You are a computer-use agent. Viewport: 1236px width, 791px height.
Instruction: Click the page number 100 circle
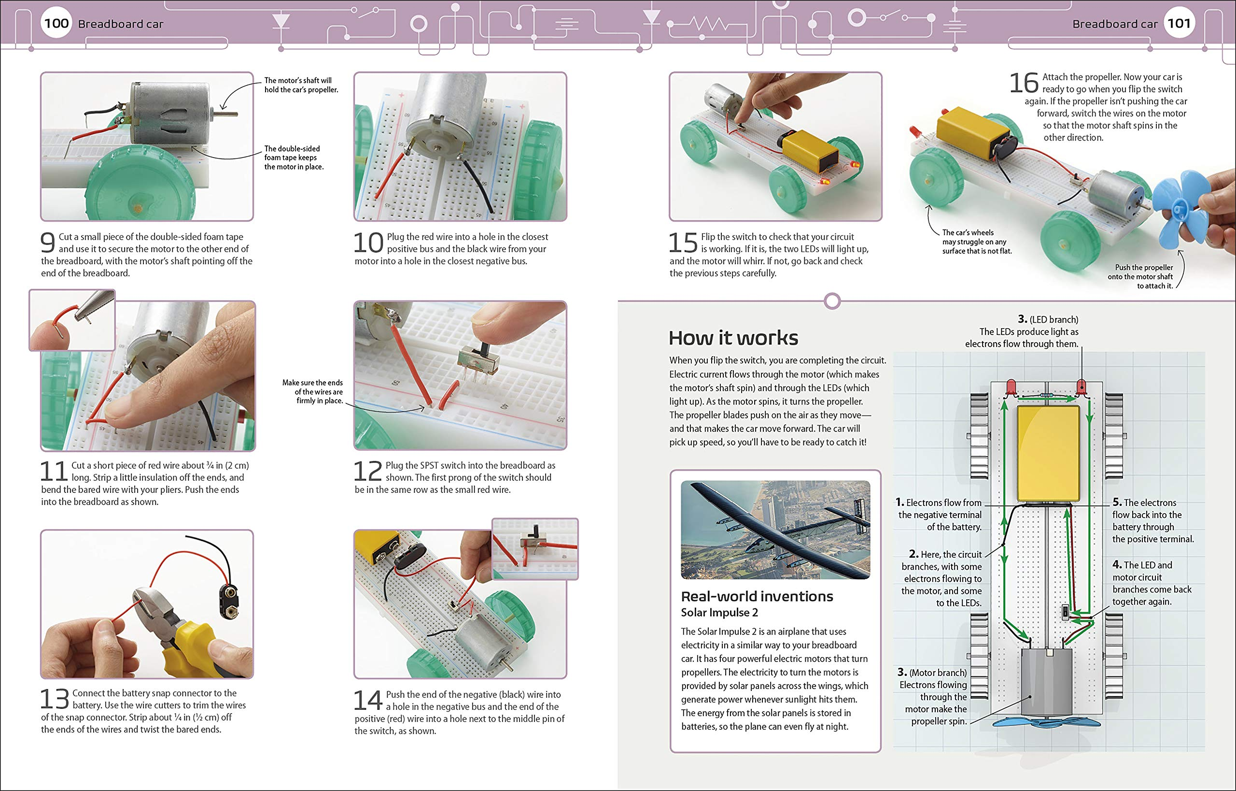56,23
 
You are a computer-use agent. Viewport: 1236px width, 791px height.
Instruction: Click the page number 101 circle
1179,23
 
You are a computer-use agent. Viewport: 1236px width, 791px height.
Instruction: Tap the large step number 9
48,243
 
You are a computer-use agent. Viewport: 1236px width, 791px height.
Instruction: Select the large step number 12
368,472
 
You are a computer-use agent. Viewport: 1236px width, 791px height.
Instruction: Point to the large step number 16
1024,83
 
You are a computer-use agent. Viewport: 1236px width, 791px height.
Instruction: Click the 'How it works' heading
733,338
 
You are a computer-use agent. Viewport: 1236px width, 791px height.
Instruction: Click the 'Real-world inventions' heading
757,596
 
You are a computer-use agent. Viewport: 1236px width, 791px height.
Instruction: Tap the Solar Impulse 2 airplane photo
775,529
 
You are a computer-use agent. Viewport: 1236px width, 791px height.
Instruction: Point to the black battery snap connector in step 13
229,601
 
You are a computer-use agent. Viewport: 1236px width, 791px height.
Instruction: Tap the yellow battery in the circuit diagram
1048,454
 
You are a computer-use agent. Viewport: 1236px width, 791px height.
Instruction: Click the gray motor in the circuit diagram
1046,682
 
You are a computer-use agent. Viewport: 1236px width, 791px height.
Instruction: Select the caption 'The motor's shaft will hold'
301,85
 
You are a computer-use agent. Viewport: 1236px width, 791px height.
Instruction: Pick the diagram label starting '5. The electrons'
1152,520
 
